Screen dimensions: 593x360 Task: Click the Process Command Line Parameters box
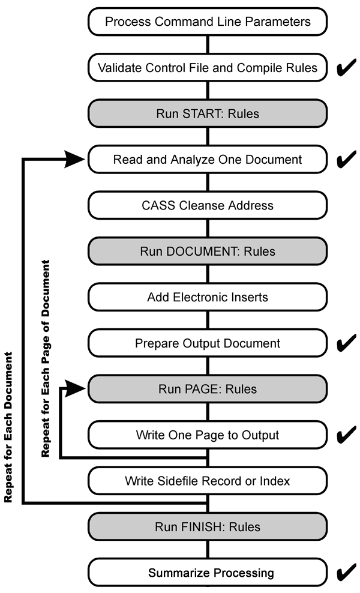208,22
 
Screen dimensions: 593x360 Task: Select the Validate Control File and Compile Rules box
208,67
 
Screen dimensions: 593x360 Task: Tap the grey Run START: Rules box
208,113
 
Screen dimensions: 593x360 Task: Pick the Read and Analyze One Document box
208,160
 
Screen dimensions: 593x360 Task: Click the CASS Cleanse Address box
208,205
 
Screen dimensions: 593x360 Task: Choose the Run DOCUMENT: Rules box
208,251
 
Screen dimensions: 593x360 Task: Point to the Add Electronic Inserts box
208,297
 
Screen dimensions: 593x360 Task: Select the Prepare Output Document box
208,343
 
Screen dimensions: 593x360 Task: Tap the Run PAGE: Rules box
208,389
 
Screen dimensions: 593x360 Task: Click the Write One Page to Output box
208,435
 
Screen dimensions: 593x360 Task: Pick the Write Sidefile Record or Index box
208,481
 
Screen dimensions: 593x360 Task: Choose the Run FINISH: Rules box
208,527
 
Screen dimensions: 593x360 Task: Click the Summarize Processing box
208,573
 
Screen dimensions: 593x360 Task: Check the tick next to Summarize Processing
346,573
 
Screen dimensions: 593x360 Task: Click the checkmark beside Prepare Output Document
346,344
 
